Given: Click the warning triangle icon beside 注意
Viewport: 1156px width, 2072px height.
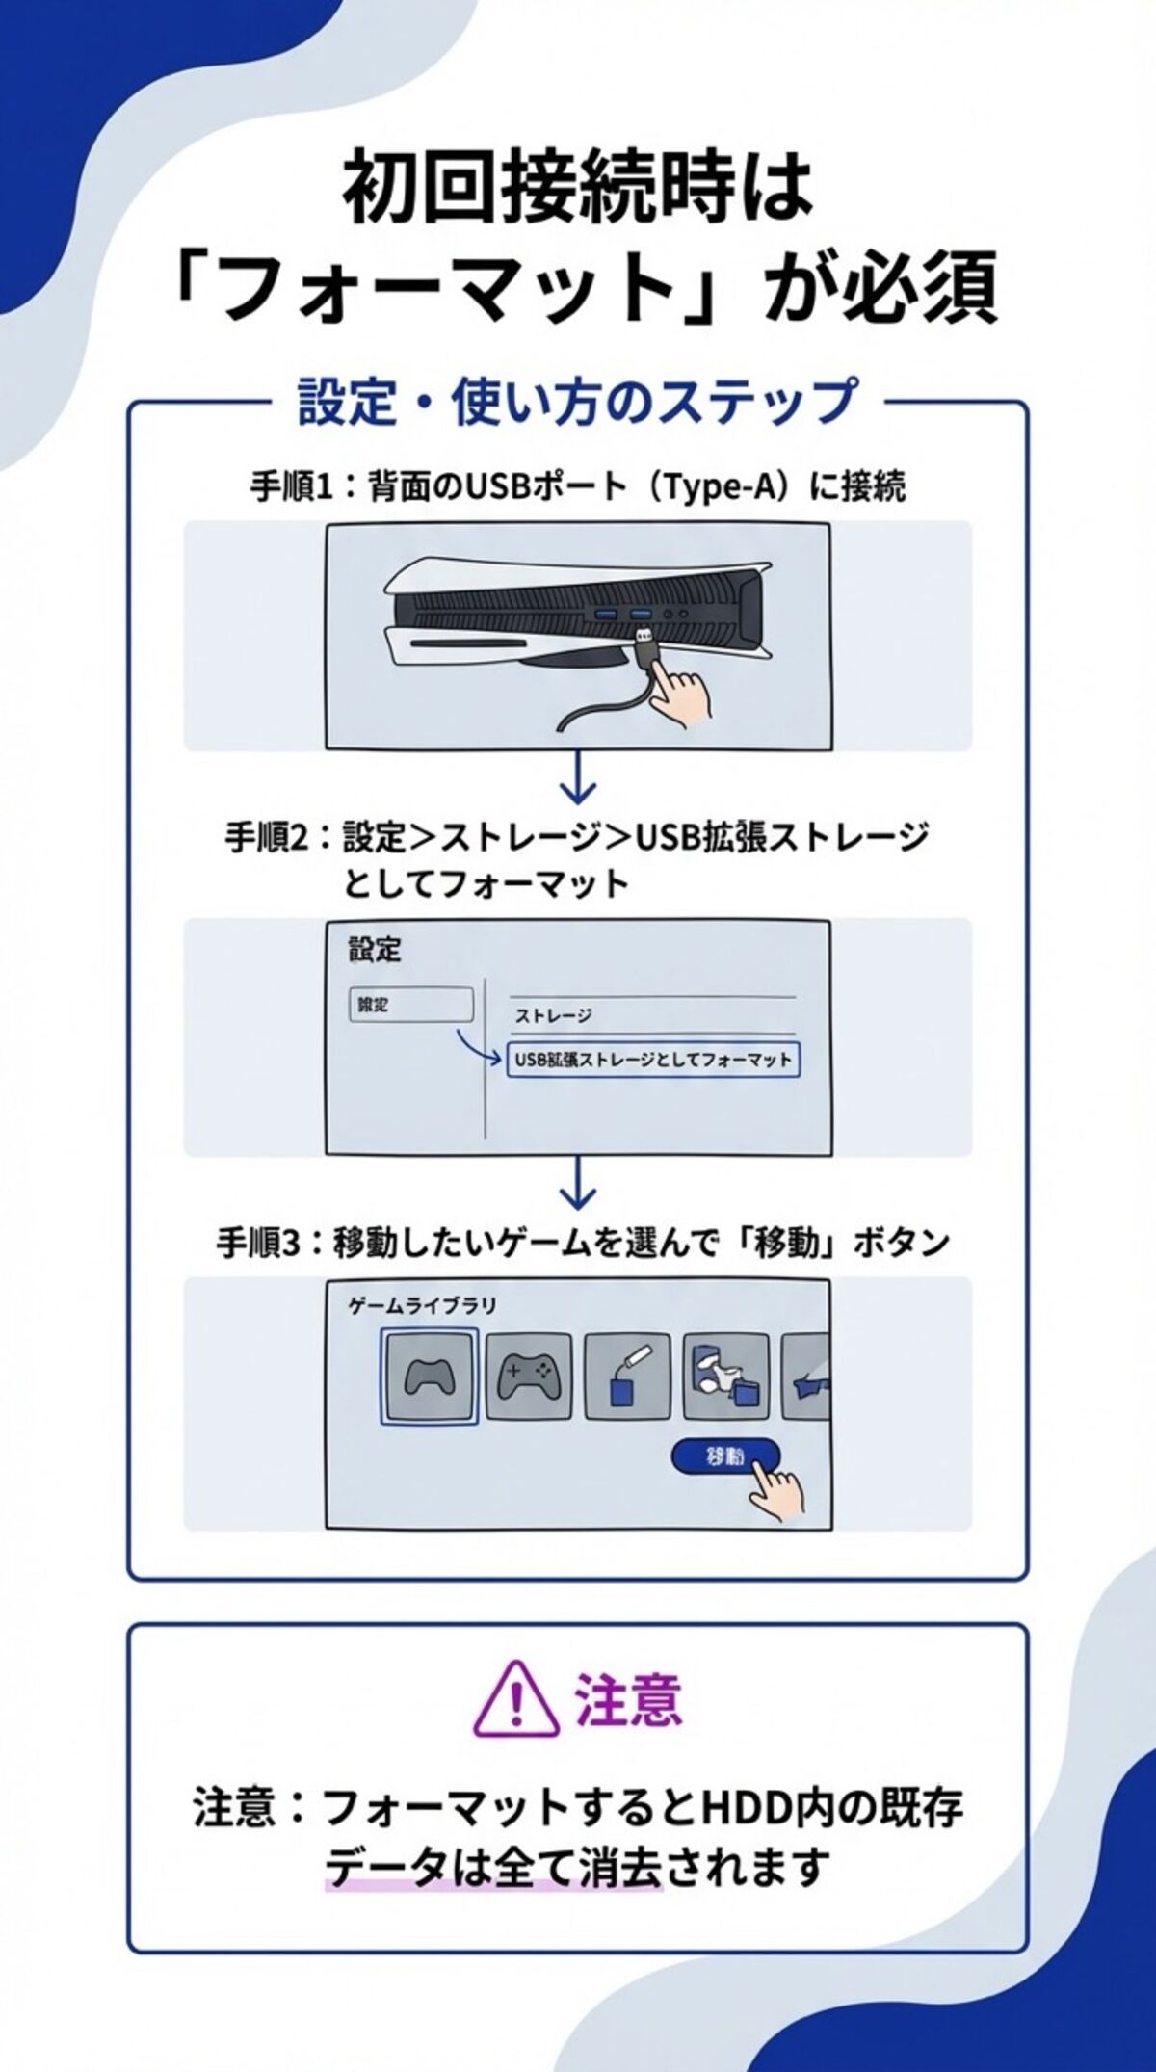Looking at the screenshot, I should tap(518, 1696).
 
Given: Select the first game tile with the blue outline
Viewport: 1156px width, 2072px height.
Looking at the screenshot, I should tap(428, 1377).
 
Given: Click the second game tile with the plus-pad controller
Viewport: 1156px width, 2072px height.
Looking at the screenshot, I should tap(529, 1377).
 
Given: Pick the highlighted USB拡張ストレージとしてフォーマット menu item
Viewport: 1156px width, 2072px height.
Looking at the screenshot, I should tap(653, 1060).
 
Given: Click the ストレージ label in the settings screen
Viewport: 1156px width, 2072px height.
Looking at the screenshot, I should tap(553, 1015).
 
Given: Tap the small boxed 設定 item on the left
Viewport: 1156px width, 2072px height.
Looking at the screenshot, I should tap(410, 1005).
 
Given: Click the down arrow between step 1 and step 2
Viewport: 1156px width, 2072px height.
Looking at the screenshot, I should tap(577, 777).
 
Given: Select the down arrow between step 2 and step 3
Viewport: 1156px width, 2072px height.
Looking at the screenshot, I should tap(577, 1183).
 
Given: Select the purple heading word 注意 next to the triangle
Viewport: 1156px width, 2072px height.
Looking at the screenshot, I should tap(628, 1698).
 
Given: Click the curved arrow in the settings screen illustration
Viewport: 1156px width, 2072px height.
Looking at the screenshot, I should tap(479, 1044).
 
